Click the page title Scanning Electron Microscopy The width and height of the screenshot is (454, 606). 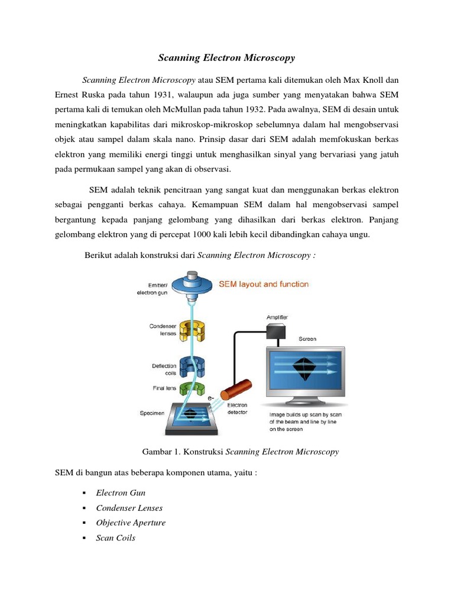[226, 58]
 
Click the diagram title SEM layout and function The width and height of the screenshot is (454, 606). [264, 284]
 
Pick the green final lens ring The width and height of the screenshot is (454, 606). [193, 389]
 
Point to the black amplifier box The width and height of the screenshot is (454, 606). [277, 333]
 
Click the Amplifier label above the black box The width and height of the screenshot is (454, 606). [277, 318]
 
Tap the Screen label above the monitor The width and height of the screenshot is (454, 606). [307, 339]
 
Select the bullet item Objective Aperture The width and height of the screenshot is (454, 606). [131, 523]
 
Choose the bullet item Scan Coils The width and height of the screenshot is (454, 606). [115, 538]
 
